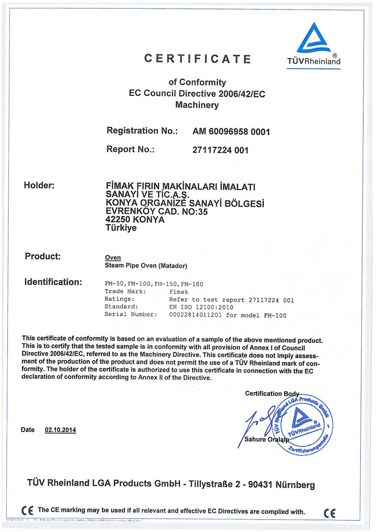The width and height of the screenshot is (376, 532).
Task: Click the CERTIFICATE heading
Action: (198, 59)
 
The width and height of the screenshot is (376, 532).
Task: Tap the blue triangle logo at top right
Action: (314, 39)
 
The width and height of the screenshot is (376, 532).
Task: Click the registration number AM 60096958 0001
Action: (231, 132)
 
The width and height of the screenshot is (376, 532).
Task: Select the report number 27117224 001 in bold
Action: (220, 150)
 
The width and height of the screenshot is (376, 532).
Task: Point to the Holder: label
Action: (39, 185)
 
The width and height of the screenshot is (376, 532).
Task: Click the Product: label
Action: (42, 257)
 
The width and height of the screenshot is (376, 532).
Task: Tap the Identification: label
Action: (53, 282)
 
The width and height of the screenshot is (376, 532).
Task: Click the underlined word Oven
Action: (113, 258)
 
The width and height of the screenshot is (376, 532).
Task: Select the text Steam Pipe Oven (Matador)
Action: (146, 266)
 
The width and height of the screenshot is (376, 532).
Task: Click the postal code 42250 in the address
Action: (118, 220)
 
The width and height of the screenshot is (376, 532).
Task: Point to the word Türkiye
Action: (121, 228)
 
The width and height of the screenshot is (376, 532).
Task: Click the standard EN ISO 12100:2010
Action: (201, 307)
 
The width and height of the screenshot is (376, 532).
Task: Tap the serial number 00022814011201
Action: (196, 315)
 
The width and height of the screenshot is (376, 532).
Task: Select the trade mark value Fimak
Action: (179, 292)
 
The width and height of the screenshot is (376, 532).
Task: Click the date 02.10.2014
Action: (60, 430)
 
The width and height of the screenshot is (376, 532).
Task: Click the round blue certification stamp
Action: (303, 425)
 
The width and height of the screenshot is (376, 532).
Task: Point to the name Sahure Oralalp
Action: (267, 439)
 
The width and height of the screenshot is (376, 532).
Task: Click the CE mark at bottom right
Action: (329, 513)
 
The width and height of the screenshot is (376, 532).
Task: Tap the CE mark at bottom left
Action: (27, 511)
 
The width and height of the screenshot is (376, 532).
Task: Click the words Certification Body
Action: (272, 394)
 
